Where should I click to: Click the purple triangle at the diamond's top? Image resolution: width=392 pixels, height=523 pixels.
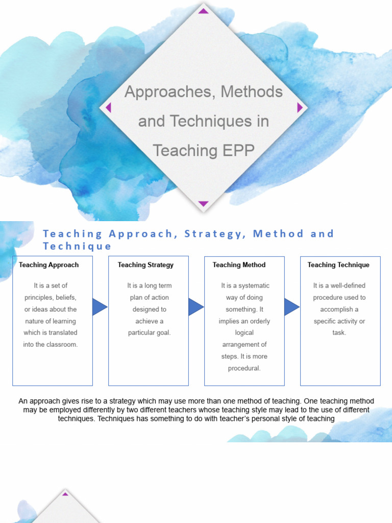204,11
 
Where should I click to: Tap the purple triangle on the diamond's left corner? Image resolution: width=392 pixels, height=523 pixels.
108,107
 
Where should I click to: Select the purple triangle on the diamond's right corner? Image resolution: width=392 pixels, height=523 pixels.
300,107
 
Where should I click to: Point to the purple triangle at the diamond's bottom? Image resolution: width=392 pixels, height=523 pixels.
204,204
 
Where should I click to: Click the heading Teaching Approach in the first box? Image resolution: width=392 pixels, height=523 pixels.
49,265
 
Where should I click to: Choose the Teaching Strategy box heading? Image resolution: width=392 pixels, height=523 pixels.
145,265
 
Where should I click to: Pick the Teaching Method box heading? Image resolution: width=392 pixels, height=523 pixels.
239,265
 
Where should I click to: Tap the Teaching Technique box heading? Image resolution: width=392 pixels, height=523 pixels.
338,265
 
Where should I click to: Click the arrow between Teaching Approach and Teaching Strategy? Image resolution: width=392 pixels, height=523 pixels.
100,307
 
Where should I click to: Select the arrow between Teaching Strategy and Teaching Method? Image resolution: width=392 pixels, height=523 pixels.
196,307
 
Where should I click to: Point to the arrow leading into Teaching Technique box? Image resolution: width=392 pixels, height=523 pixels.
291,307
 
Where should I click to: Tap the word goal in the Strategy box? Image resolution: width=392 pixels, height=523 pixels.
162,333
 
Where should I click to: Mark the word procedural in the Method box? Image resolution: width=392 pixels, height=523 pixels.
244,368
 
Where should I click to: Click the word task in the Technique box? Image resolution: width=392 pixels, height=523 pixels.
339,333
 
